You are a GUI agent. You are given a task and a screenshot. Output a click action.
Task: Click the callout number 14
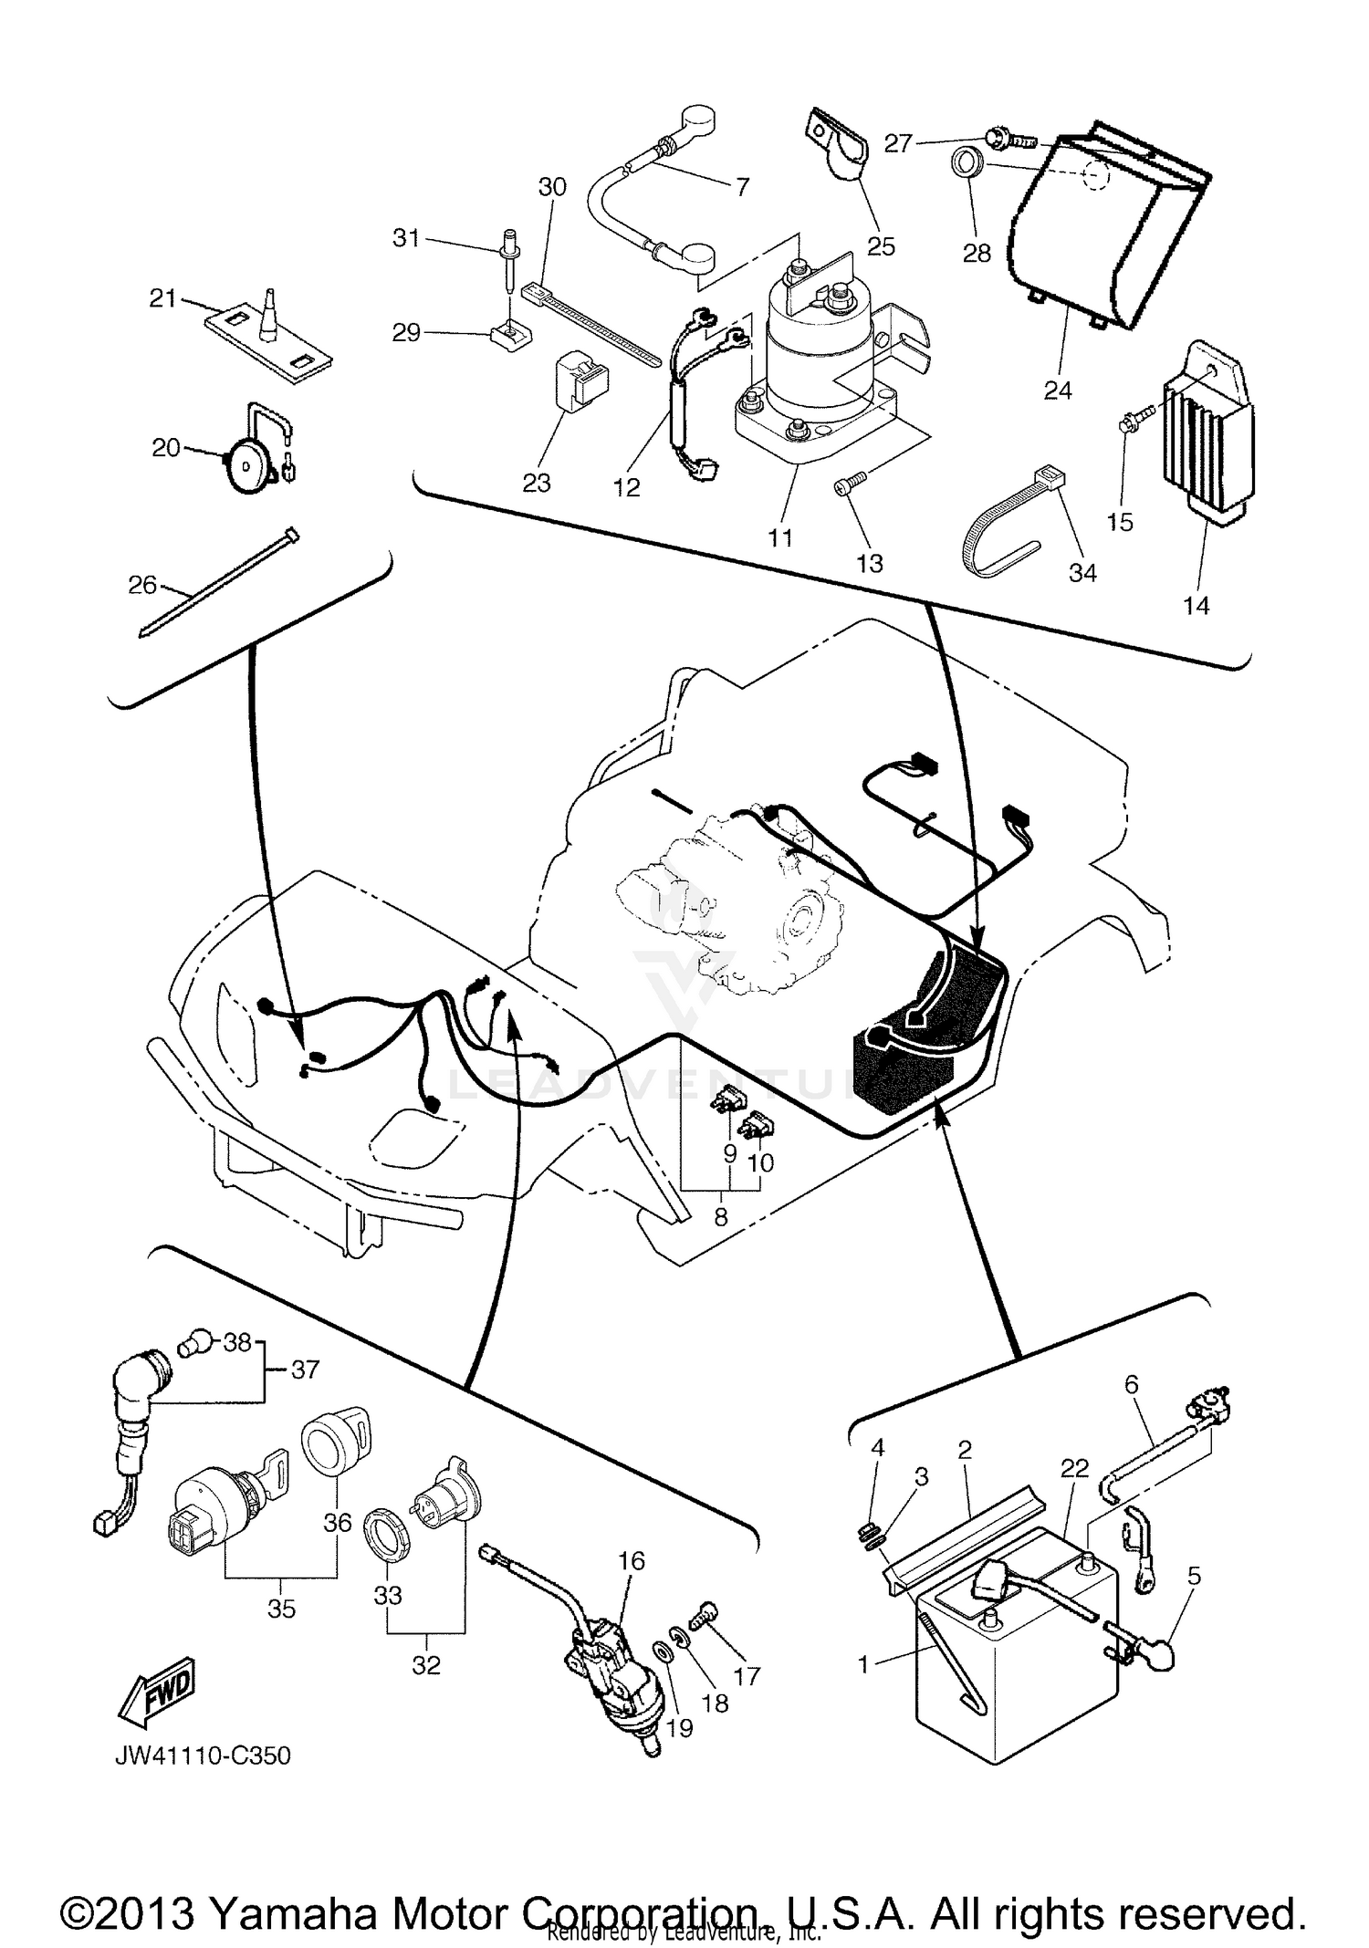[1196, 605]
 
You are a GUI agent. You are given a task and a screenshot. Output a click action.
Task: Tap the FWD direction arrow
[155, 1690]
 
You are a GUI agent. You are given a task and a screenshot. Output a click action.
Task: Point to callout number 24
[1058, 391]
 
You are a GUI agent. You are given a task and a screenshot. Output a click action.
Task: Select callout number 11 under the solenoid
[780, 537]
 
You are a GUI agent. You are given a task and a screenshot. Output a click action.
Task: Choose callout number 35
[281, 1609]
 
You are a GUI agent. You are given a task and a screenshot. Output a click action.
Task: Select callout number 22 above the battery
[1075, 1468]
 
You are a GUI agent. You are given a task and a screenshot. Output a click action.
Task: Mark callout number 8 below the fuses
[721, 1217]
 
